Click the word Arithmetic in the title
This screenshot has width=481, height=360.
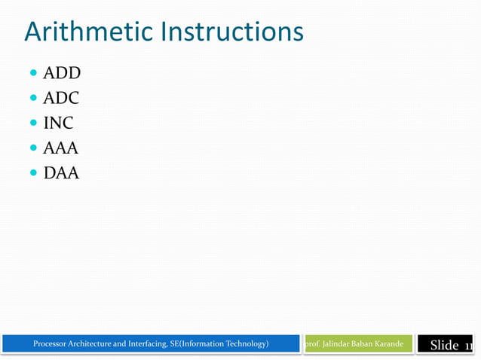point(86,32)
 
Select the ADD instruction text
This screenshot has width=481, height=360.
point(62,73)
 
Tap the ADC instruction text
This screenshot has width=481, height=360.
point(61,98)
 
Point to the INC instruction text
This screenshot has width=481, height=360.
point(58,123)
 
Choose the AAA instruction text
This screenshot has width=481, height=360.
point(61,148)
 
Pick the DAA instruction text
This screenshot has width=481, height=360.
point(61,173)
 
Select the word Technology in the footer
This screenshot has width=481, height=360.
point(240,344)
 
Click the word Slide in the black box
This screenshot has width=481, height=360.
point(444,346)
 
